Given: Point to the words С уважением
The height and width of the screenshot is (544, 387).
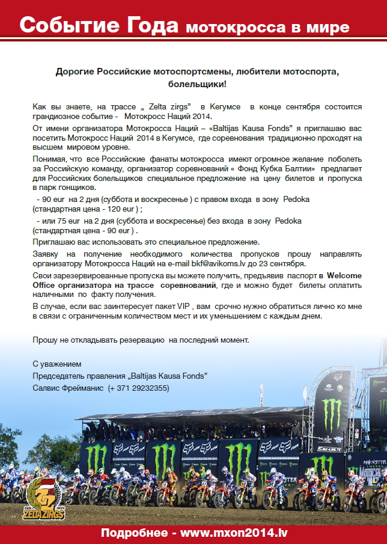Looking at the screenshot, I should (x=56, y=364).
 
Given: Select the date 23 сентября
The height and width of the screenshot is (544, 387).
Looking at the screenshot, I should (x=286, y=263).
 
